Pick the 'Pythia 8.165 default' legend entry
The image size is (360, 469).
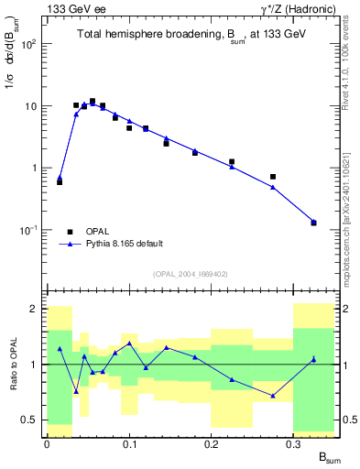click(124, 244)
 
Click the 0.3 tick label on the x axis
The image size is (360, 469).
click(294, 443)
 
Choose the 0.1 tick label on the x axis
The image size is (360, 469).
click(128, 443)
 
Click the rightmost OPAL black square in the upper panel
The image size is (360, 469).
click(313, 223)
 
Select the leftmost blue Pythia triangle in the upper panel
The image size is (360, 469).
click(60, 178)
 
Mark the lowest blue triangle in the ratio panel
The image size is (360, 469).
click(273, 396)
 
